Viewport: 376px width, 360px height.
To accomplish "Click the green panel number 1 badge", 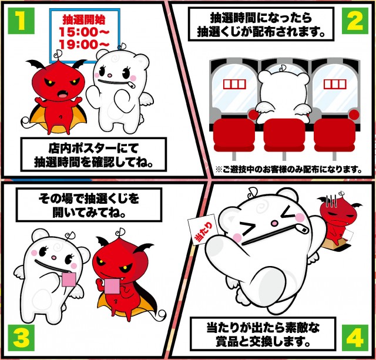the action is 21,21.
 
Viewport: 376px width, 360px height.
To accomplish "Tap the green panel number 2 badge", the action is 355,21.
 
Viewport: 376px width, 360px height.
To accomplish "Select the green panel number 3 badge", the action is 21,338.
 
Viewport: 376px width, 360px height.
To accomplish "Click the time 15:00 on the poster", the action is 84,32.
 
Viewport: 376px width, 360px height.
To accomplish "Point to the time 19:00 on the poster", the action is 84,44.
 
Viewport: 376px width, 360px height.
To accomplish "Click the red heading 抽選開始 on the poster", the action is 84,19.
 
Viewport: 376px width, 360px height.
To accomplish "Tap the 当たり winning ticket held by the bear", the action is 203,231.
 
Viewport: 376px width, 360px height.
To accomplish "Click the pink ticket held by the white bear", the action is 69,280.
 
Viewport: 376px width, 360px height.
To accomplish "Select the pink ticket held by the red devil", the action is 112,286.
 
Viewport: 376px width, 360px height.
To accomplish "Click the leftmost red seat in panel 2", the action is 234,136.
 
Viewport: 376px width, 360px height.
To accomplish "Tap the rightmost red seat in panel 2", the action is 334,136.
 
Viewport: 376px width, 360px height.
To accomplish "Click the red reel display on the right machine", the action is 335,84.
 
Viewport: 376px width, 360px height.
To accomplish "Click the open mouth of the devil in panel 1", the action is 63,94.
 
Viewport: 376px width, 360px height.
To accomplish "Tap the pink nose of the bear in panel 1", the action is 110,76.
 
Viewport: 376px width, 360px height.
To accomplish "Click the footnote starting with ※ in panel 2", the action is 288,170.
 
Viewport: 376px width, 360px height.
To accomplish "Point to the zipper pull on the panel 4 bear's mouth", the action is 301,229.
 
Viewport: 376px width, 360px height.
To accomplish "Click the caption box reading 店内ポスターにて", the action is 93,154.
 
